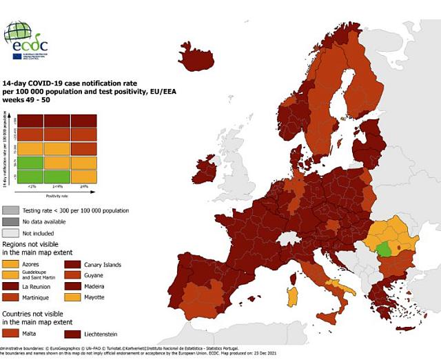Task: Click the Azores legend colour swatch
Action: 10,263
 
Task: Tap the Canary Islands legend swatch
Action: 73,263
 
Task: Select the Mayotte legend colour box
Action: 73,297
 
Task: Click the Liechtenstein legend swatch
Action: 73,334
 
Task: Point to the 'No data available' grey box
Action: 10,221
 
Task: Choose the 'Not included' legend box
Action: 10,232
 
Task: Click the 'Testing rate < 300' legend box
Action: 10,210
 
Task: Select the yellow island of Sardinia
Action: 292,297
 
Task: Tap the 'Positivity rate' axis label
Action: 57,197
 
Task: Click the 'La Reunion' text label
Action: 36,286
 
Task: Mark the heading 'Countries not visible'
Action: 37,314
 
